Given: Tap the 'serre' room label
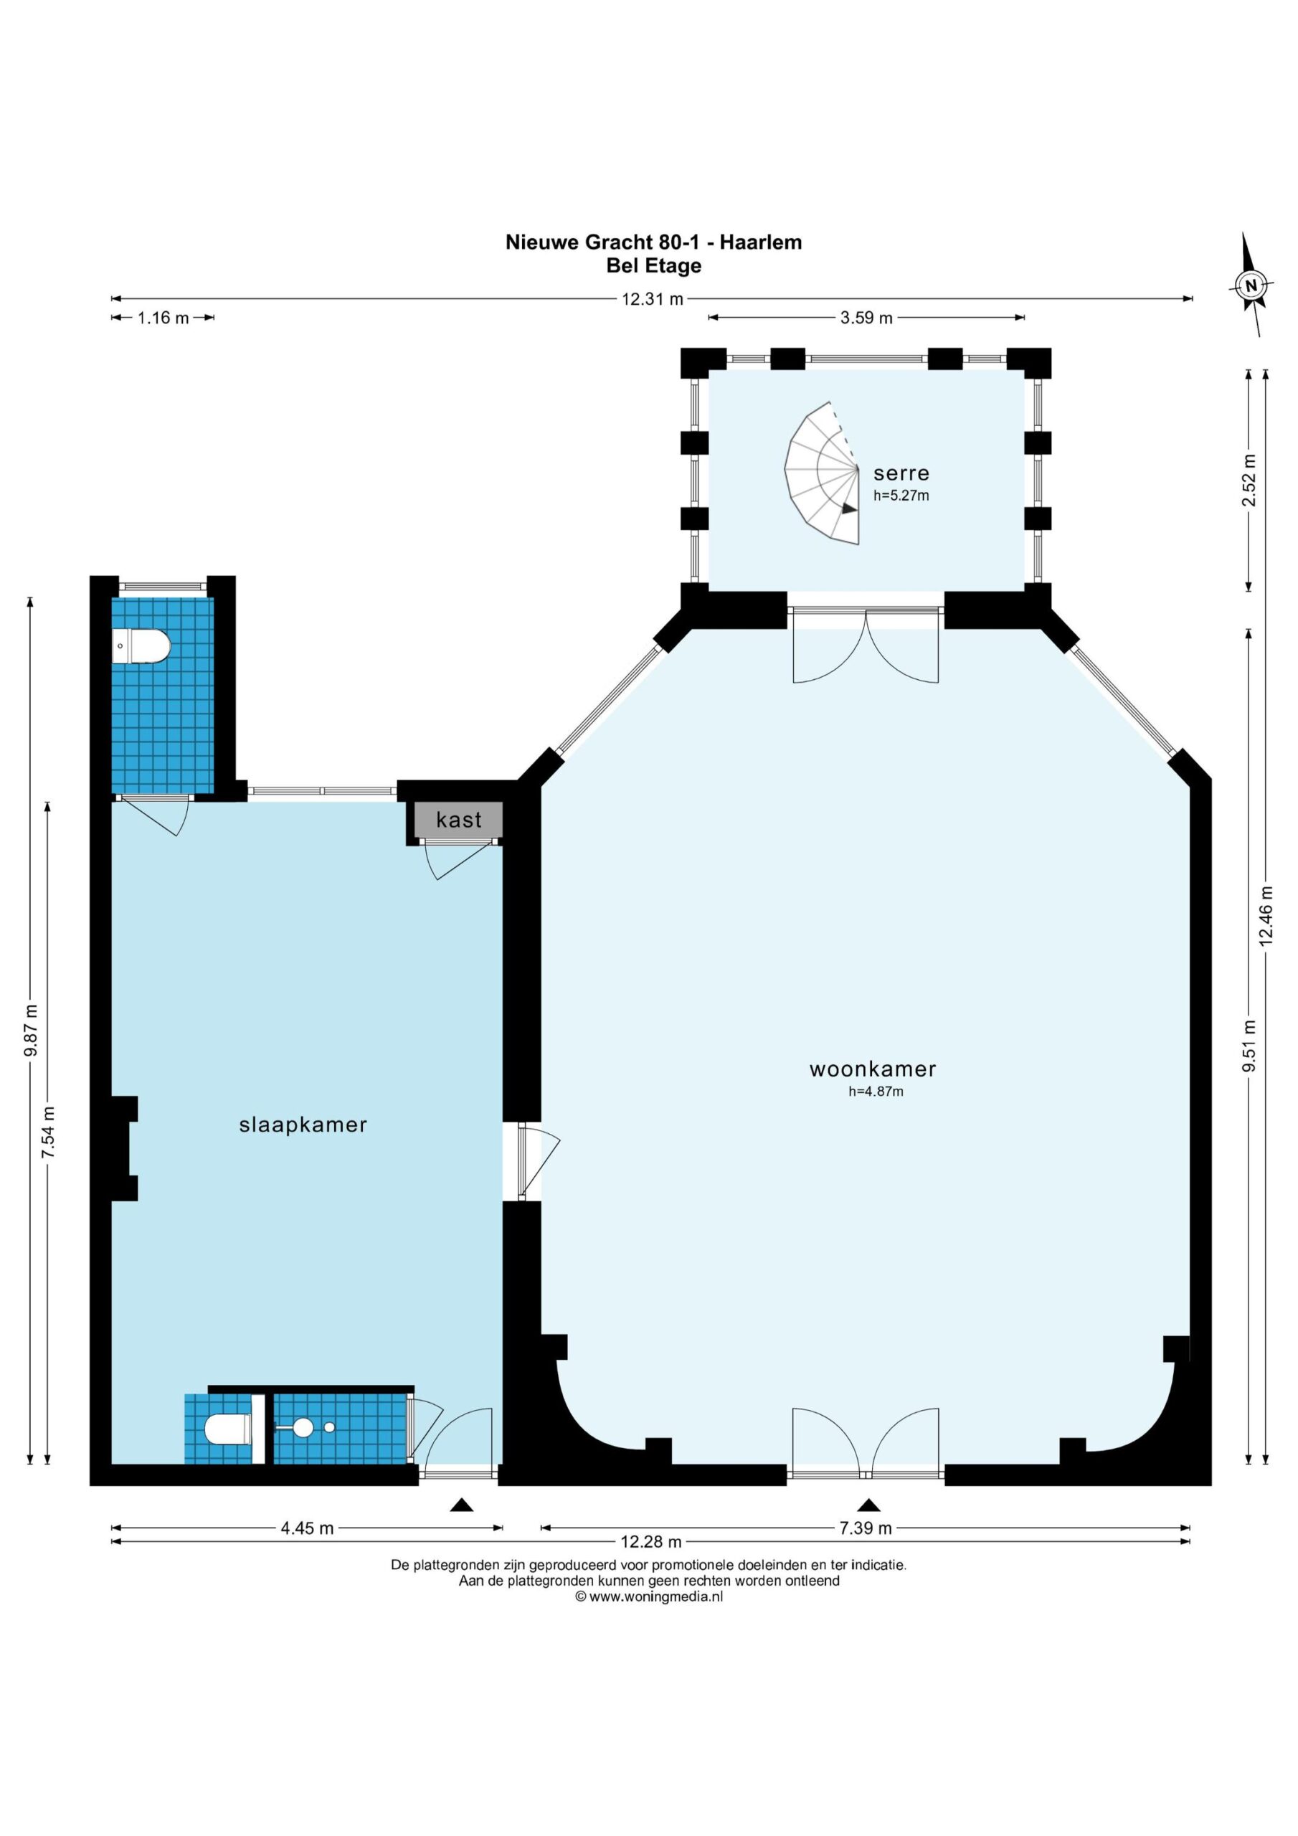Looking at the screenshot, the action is [x=901, y=473].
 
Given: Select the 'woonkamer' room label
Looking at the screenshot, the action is [x=873, y=1069].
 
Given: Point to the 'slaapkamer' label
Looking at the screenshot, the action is [x=303, y=1125].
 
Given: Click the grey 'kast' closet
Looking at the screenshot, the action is [x=458, y=820].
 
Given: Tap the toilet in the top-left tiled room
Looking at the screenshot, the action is [x=141, y=647].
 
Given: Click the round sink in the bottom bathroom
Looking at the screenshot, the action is [x=303, y=1427].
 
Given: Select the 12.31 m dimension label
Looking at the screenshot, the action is [x=653, y=299].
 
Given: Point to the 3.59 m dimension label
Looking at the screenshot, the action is [x=866, y=318].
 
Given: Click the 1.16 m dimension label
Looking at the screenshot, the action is [x=164, y=318].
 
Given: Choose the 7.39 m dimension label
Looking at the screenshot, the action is [x=866, y=1528].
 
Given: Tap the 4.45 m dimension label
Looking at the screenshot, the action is [x=307, y=1528].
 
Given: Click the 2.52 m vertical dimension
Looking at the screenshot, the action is [x=1249, y=480].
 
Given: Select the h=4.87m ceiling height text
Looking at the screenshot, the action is [x=876, y=1091].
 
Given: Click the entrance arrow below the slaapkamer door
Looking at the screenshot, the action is [x=461, y=1505].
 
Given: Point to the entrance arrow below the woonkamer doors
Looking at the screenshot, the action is [x=868, y=1505].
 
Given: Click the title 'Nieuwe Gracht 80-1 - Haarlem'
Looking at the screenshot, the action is [x=653, y=242].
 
